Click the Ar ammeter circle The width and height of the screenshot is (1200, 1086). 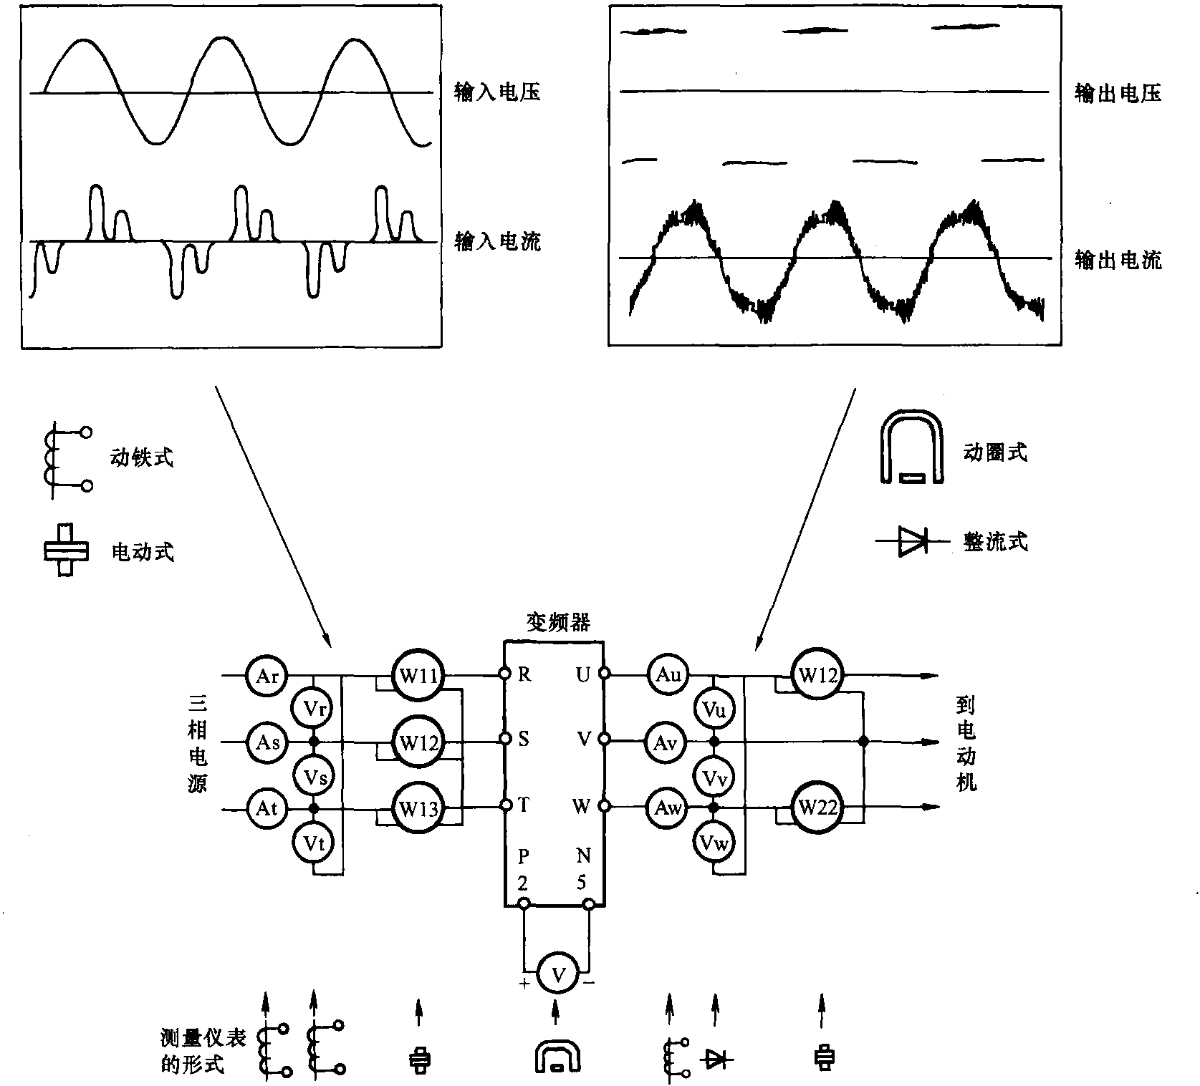267,675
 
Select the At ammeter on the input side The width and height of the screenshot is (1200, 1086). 267,808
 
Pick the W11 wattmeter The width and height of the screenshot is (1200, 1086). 418,675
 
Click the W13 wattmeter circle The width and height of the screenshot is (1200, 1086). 418,808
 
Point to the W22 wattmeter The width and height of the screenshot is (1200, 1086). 817,808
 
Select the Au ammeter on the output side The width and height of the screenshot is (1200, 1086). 668,675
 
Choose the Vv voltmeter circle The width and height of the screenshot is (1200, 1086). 714,777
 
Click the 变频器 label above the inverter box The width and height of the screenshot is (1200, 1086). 558,623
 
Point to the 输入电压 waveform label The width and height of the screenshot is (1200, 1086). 497,92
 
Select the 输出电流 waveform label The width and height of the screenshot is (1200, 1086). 1118,260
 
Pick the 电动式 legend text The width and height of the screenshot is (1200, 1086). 143,552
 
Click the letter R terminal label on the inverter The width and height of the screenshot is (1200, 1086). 524,674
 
